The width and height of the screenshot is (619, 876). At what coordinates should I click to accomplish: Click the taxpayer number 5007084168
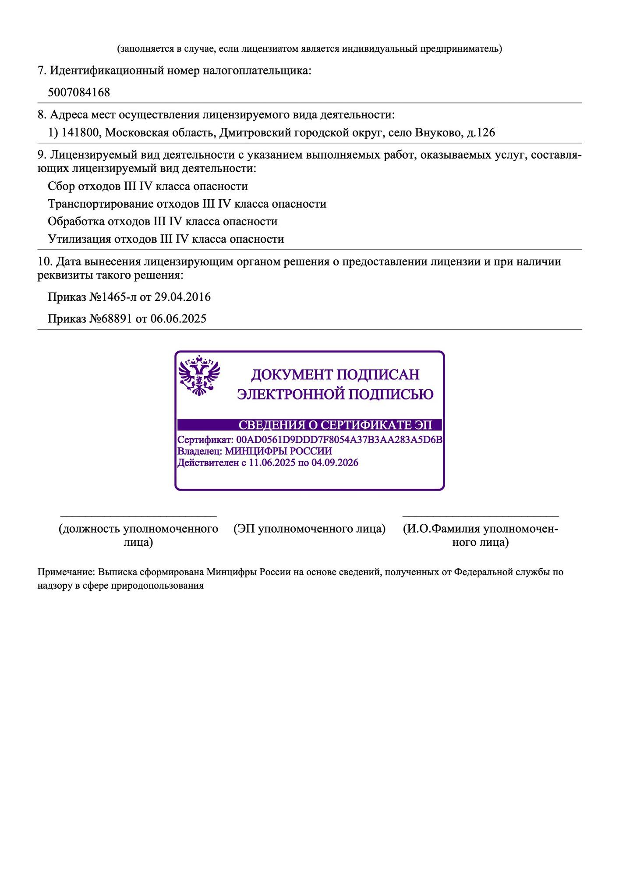point(79,92)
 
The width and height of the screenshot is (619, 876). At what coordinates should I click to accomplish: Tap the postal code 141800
point(80,132)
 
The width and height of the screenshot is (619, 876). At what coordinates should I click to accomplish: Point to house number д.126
point(481,132)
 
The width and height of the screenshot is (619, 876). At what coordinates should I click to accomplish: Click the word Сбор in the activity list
point(61,186)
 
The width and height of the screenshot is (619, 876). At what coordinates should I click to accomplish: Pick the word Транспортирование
point(100,204)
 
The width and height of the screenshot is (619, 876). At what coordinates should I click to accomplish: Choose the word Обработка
point(76,221)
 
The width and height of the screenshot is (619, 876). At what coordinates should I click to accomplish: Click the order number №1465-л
point(113,297)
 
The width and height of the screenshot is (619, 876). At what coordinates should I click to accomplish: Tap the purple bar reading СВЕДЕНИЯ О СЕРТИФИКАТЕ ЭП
point(309,425)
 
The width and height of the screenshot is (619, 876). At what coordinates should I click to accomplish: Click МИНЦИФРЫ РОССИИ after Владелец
point(278,451)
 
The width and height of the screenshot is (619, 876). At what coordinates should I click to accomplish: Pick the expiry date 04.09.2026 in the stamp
point(335,463)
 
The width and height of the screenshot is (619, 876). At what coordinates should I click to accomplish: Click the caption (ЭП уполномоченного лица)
point(309,529)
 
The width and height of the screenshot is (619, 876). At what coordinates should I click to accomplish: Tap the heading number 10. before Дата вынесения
point(45,261)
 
